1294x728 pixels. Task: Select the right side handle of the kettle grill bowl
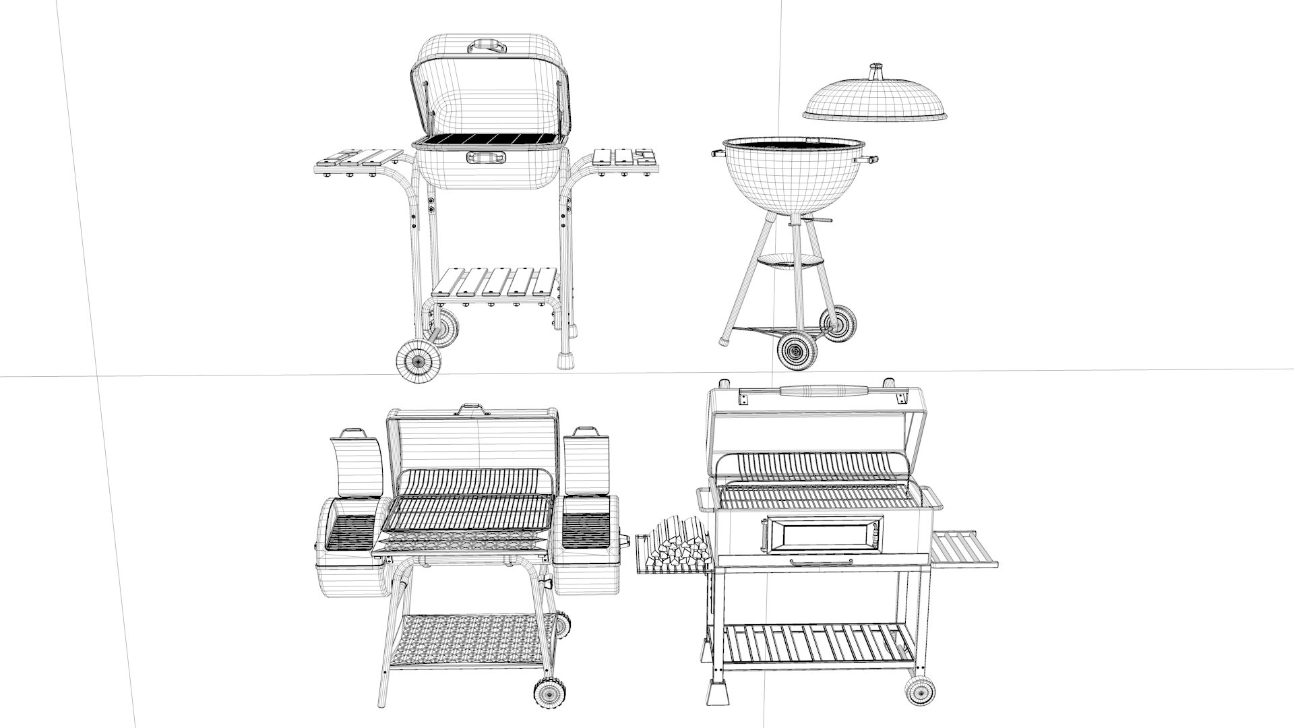(869, 160)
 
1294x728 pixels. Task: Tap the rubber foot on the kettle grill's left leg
(724, 339)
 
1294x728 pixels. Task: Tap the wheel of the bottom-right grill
(921, 691)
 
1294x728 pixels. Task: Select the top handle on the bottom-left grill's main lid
(472, 409)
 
